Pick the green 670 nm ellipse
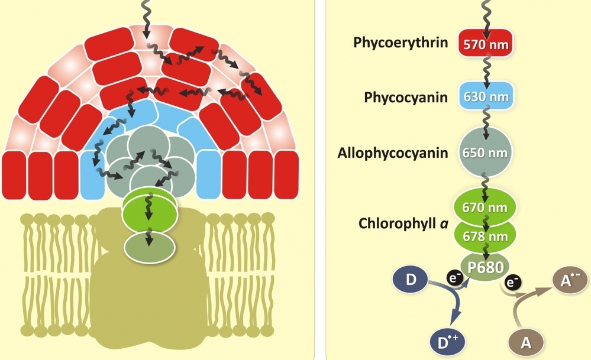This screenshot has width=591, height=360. pos(485,207)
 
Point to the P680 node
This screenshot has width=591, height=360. pos(485,267)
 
